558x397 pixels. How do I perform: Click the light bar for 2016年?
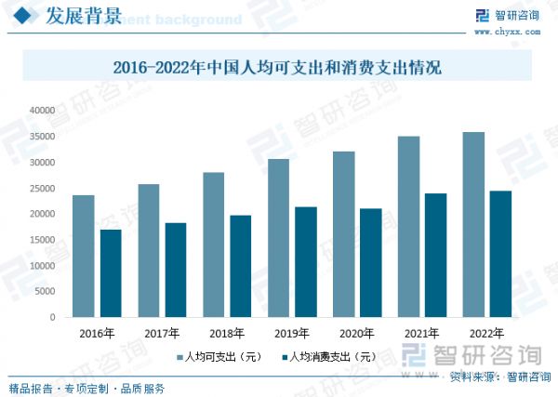pyautogui.click(x=84, y=256)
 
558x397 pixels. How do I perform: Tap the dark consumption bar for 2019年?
pyautogui.click(x=306, y=261)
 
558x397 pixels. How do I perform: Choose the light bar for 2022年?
pyautogui.click(x=473, y=224)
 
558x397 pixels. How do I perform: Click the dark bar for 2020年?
pyautogui.click(x=370, y=262)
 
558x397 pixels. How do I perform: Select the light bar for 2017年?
pyautogui.click(x=149, y=250)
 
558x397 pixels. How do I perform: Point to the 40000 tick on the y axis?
pyautogui.click(x=42, y=111)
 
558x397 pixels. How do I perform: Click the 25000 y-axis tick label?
pyautogui.click(x=42, y=189)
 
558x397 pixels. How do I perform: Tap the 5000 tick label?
pyautogui.click(x=45, y=292)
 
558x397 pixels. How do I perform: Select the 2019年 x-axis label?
pyautogui.click(x=292, y=333)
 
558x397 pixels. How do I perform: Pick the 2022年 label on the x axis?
pyautogui.click(x=487, y=333)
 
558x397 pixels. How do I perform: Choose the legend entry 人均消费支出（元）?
pyautogui.click(x=326, y=356)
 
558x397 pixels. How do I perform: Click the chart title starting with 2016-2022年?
pyautogui.click(x=276, y=67)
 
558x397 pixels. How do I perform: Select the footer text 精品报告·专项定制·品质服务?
pyautogui.click(x=86, y=387)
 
